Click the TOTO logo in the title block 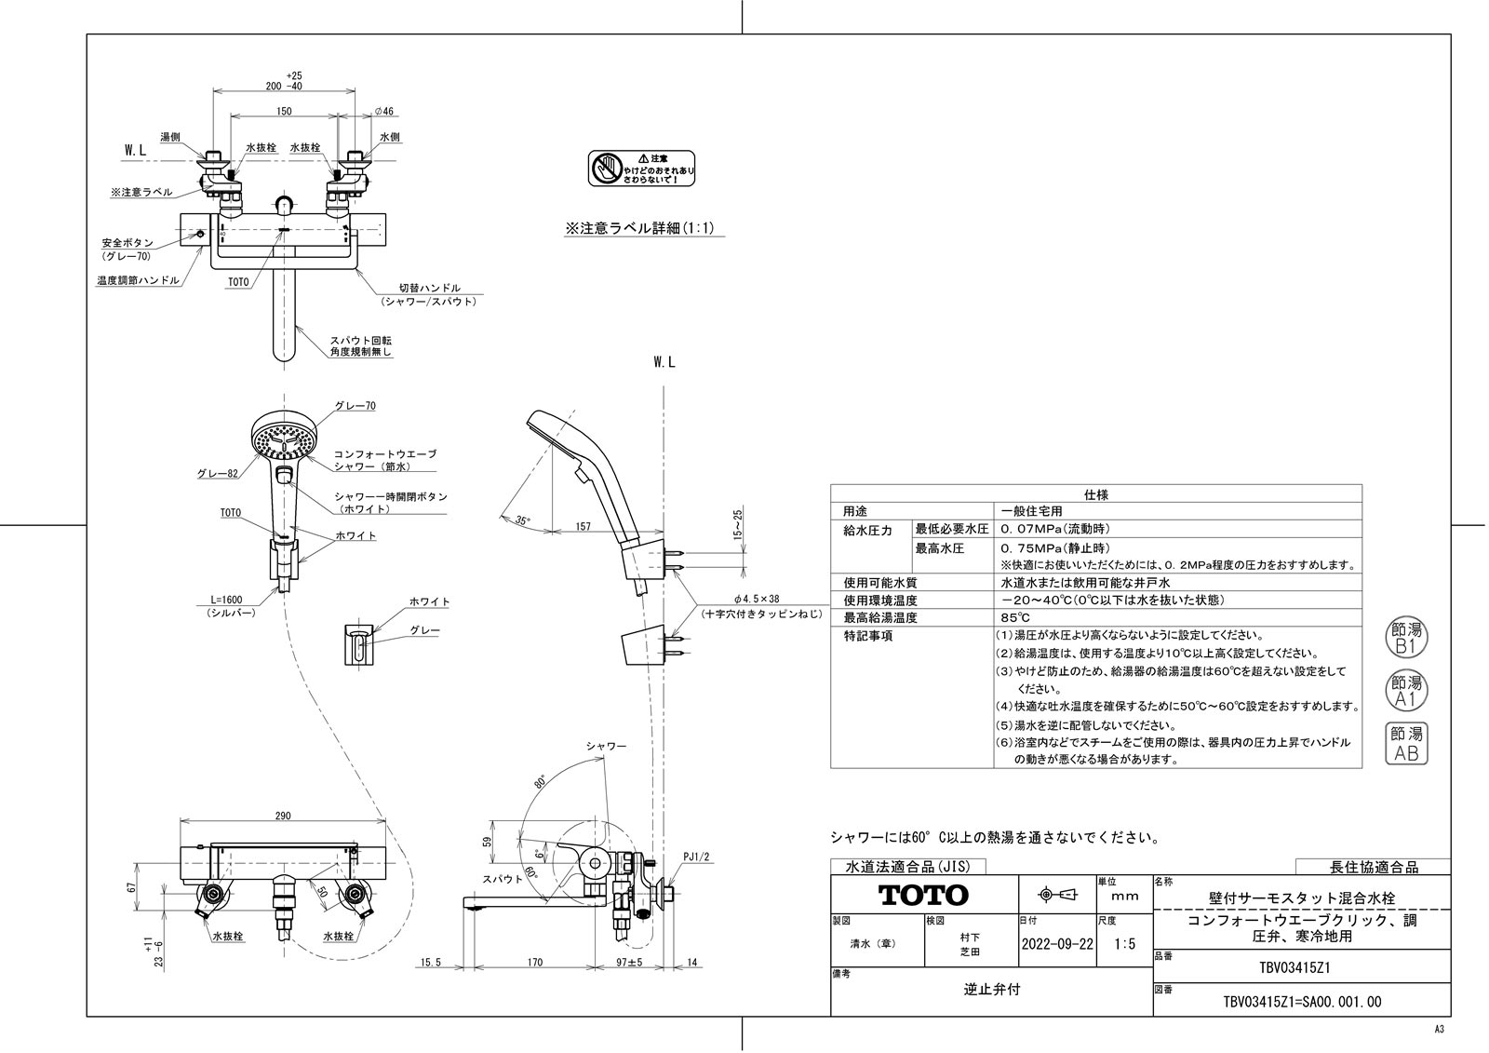(923, 896)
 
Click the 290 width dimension (283, 816)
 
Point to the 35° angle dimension (524, 521)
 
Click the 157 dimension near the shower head (583, 527)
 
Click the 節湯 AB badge (1405, 745)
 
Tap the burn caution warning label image (643, 169)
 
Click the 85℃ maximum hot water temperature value (1014, 618)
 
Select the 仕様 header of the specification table (1095, 494)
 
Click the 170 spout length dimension (534, 964)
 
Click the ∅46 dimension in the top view (383, 111)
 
